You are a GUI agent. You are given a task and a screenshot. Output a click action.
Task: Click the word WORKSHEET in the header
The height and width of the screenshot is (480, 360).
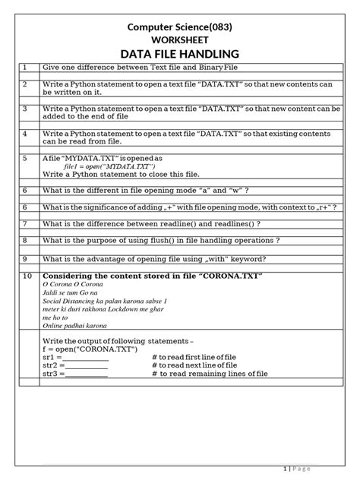point(180,39)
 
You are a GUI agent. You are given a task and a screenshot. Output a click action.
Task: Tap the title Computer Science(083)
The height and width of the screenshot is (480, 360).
point(180,27)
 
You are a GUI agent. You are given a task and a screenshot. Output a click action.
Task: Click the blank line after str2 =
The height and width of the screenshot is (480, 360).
point(85,365)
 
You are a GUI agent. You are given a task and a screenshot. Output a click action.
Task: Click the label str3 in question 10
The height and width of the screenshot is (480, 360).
point(50,374)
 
